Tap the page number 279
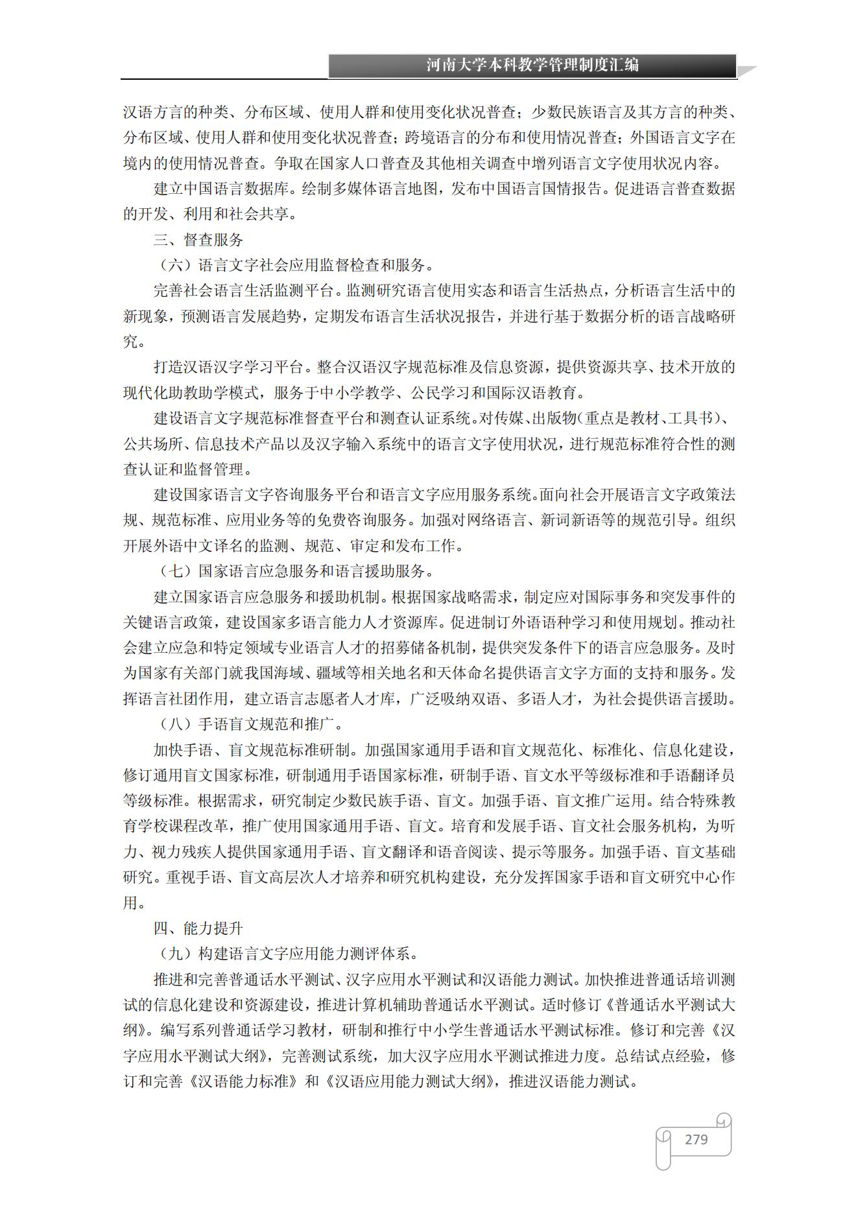696,1139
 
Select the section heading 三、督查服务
198,240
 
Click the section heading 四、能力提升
198,928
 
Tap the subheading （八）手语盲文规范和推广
252,724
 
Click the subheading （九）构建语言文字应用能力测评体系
289,954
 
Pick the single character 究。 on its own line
134,342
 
